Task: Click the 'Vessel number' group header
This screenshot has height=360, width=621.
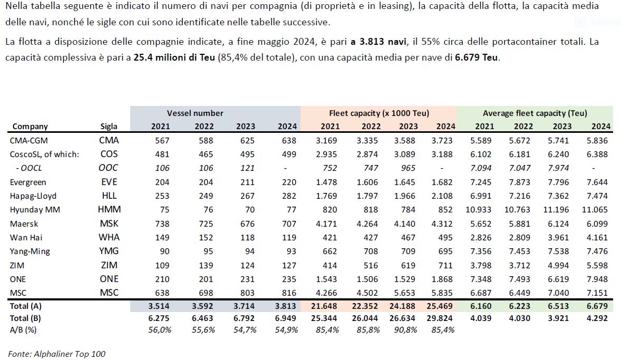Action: tap(195, 113)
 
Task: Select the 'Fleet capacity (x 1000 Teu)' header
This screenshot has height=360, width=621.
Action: tap(379, 113)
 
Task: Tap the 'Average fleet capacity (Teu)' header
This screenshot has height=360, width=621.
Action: tap(535, 113)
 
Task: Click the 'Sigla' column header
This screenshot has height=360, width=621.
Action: tap(109, 127)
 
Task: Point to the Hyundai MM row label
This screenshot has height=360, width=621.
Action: tap(35, 210)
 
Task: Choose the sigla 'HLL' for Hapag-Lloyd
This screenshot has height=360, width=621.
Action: tap(109, 196)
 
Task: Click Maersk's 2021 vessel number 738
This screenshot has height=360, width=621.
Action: tap(162, 224)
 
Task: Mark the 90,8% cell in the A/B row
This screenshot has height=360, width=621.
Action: tap(405, 330)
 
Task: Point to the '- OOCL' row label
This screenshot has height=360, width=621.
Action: tap(29, 168)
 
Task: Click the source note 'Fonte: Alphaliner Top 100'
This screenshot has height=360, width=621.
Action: tap(56, 354)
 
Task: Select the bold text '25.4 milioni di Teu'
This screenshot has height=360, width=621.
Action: tap(174, 57)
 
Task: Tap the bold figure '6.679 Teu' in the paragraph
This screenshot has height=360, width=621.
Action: tap(476, 57)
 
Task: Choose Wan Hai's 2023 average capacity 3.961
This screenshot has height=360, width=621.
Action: tap(558, 238)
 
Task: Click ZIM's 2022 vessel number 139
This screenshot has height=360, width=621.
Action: tap(206, 265)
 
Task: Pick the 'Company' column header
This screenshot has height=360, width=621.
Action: tap(30, 127)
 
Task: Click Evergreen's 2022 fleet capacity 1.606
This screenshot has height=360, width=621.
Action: tap(367, 182)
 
